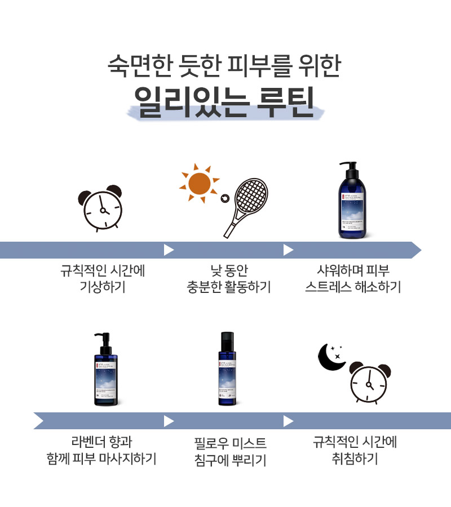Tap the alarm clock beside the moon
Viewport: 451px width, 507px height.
369,383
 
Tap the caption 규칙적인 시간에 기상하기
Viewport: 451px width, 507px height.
103,278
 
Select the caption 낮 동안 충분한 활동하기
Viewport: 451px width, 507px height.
228,278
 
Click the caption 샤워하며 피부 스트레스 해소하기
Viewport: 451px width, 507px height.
353,278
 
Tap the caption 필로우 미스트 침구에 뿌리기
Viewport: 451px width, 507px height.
228,451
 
